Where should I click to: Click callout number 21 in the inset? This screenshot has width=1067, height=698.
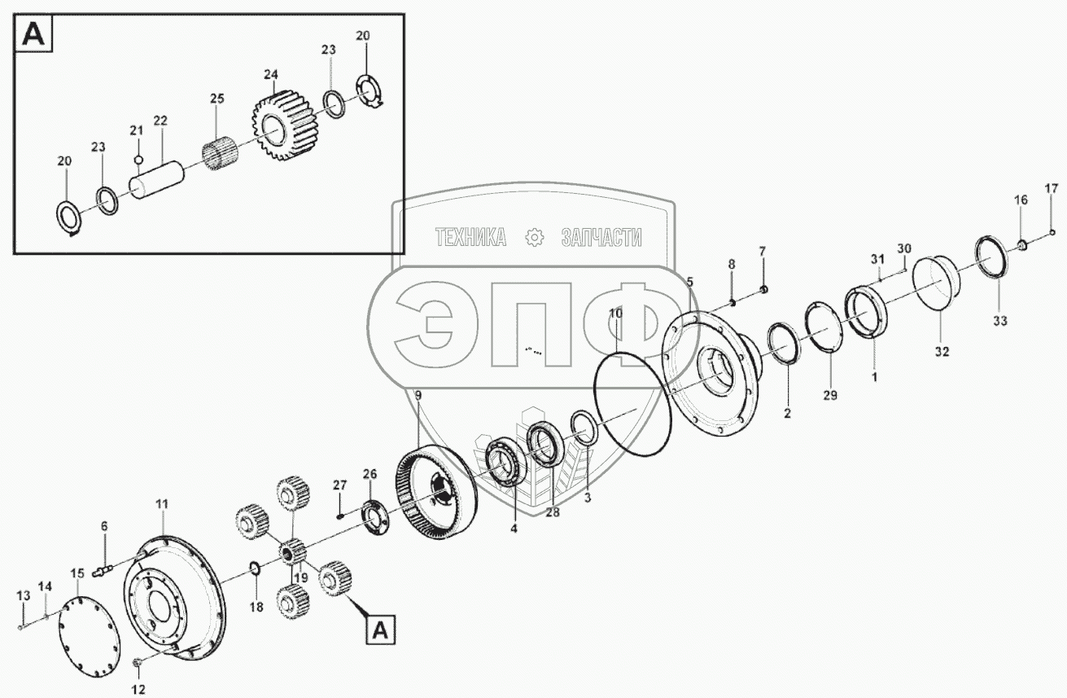[136, 130]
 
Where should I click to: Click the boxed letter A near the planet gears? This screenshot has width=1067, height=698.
[382, 629]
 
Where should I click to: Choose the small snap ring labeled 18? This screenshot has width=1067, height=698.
[253, 568]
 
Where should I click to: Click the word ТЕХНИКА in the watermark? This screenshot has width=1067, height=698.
[470, 238]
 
